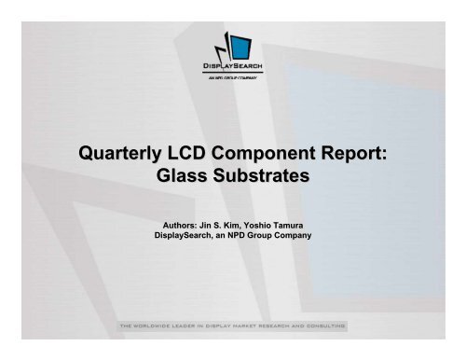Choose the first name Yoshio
pyautogui.click(x=271, y=223)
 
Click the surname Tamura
pyautogui.click(x=309, y=223)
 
